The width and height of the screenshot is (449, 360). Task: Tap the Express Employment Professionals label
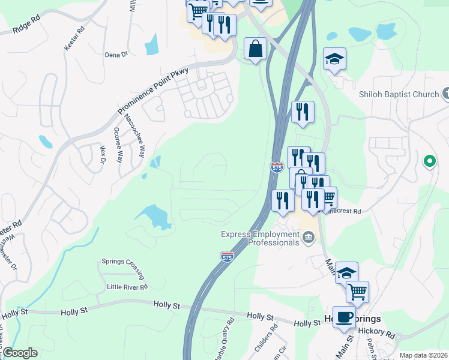pyautogui.click(x=261, y=238)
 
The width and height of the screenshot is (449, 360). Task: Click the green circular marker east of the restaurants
pyautogui.click(x=429, y=161)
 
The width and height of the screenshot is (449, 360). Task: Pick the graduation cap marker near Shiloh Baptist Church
pyautogui.click(x=334, y=59)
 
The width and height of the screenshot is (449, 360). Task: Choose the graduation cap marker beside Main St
pyautogui.click(x=346, y=273)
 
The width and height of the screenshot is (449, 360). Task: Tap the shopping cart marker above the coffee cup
pyautogui.click(x=357, y=292)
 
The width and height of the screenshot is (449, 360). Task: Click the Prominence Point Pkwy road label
pyautogui.click(x=154, y=91)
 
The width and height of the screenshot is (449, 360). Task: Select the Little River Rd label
pyautogui.click(x=127, y=287)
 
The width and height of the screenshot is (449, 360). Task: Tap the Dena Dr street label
pyautogui.click(x=116, y=54)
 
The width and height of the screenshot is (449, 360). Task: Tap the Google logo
pyautogui.click(x=19, y=353)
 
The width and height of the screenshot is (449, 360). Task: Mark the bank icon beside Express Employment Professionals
pyautogui.click(x=308, y=238)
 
